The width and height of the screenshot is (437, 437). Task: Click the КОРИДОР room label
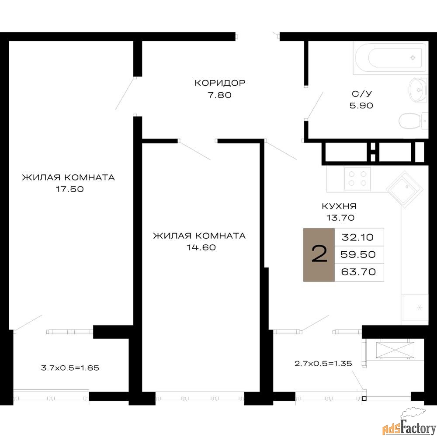tap(220, 83)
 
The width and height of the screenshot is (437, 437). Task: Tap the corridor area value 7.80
tap(220, 95)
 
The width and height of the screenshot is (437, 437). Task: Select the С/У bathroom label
tap(362, 94)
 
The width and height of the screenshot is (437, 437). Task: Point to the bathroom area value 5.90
tap(361, 105)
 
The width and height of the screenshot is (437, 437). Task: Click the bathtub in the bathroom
tap(390, 58)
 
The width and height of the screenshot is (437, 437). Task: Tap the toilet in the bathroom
tap(413, 121)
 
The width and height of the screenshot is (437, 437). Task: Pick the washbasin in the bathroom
tap(418, 90)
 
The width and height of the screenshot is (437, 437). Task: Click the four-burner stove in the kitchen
tap(357, 179)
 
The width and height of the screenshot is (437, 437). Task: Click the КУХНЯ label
tap(339, 206)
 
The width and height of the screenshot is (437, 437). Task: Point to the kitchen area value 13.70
tap(340, 218)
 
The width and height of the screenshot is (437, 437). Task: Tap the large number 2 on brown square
tap(319, 254)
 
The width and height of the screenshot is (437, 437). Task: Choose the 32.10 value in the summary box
tap(357, 237)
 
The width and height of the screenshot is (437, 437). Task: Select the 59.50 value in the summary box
tap(358, 254)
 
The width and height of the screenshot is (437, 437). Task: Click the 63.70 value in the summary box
tap(358, 271)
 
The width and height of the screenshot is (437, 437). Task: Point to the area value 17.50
tap(70, 189)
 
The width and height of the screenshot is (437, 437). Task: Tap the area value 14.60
tap(201, 247)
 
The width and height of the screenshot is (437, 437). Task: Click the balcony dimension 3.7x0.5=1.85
tap(70, 368)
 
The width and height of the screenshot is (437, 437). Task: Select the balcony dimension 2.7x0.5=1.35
tap(323, 364)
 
